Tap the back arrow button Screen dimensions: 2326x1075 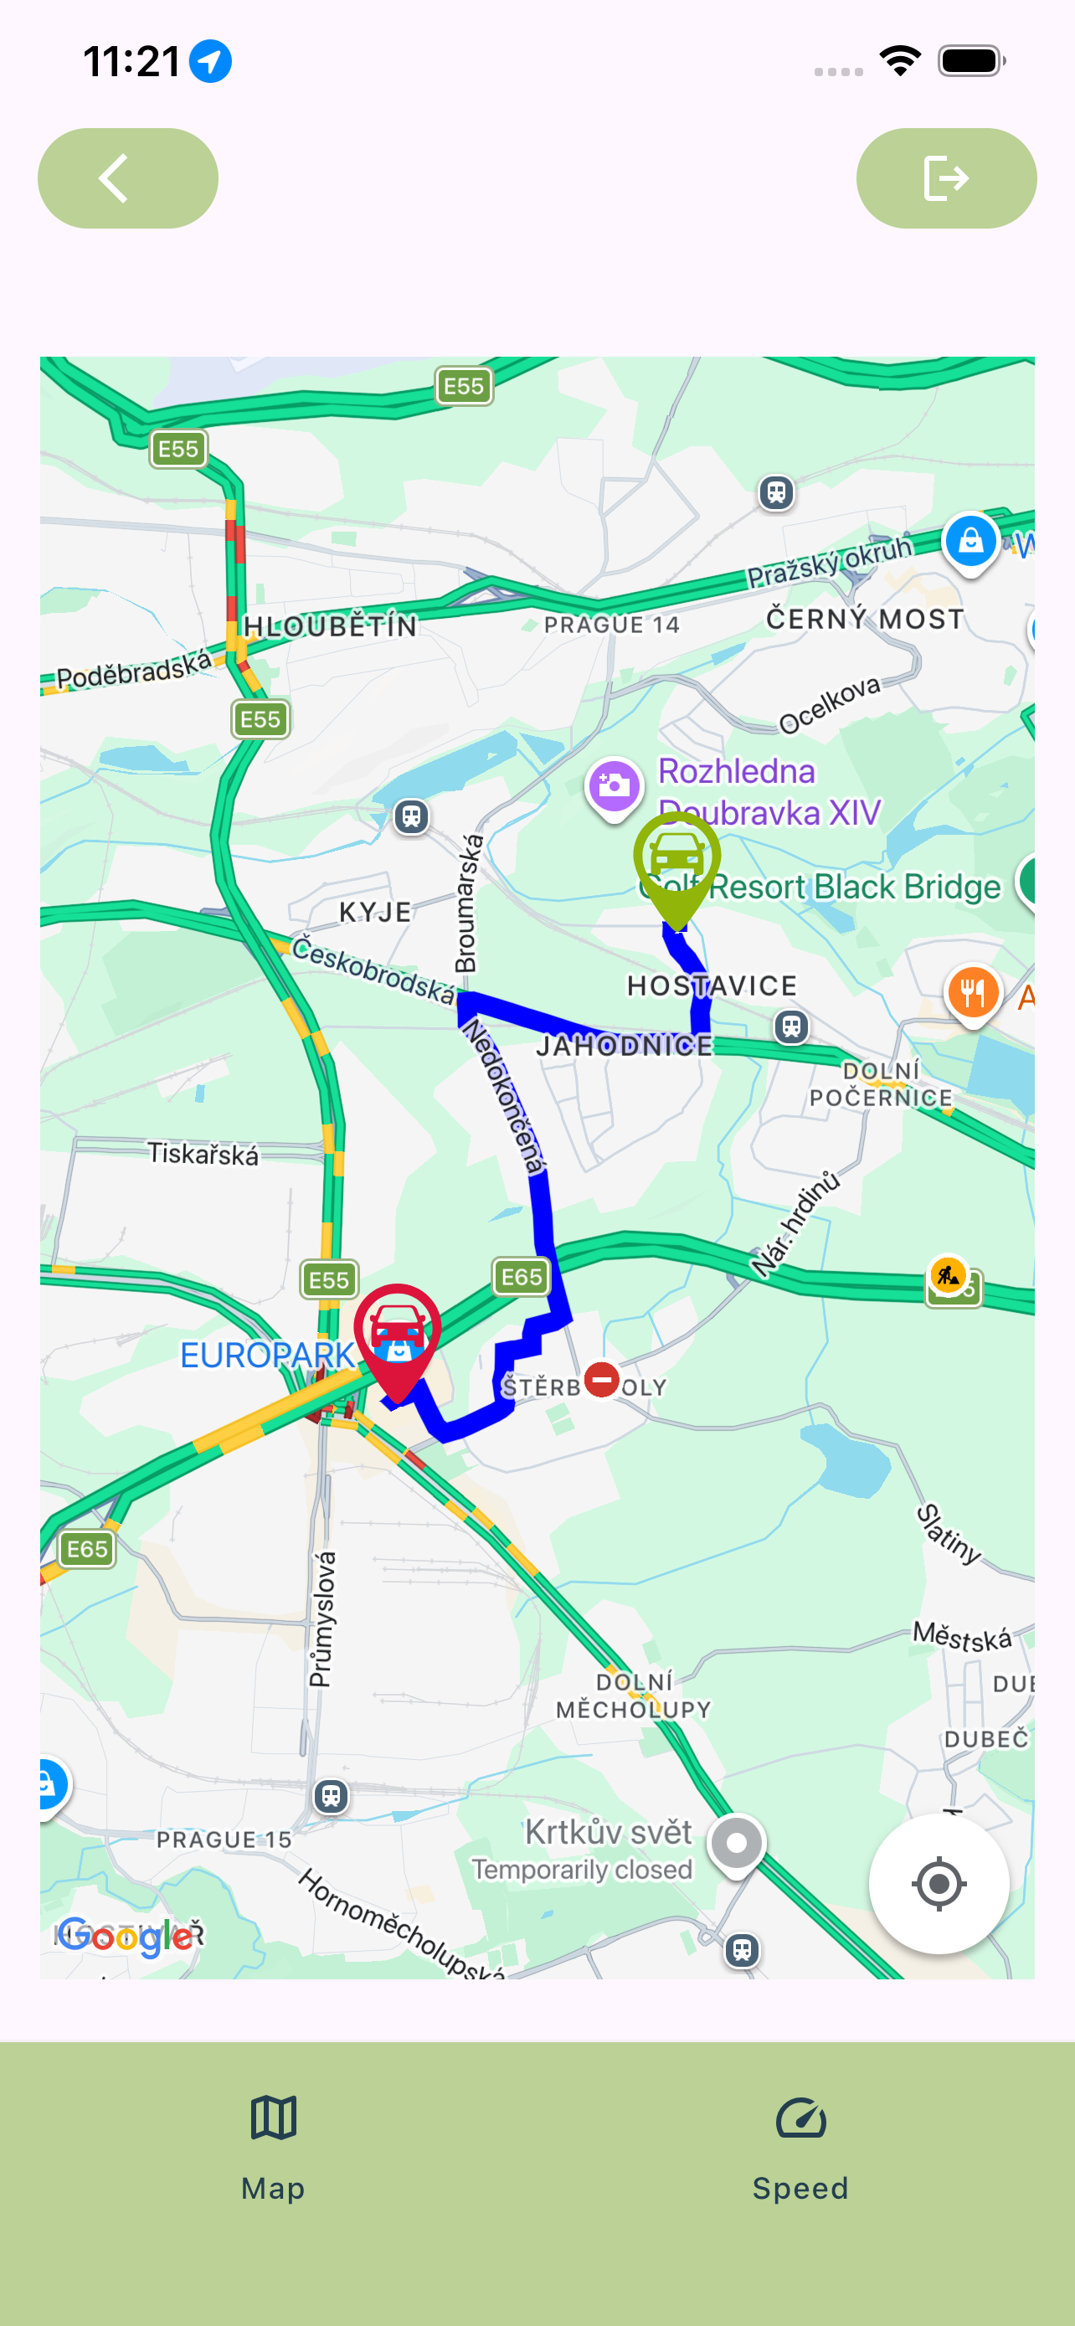click(127, 178)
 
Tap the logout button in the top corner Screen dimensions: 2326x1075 click(945, 178)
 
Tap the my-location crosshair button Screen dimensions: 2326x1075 click(938, 1884)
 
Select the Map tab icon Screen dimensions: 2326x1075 click(274, 2118)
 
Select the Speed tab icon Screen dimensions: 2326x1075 click(800, 2118)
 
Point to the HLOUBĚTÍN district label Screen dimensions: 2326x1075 click(331, 625)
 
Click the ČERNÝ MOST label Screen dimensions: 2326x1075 click(865, 620)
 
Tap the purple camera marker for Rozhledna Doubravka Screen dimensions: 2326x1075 click(614, 785)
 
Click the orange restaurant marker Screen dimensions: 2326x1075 click(972, 993)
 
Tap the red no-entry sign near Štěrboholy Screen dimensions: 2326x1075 click(601, 1379)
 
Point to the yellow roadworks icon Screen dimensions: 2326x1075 click(948, 1275)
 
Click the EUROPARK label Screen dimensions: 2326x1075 click(267, 1356)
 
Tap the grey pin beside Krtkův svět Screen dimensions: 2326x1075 click(737, 1842)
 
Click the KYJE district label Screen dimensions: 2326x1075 click(375, 912)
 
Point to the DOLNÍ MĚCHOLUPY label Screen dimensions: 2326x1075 click(634, 1695)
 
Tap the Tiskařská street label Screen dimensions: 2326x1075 click(203, 1154)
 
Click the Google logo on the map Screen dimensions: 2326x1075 click(125, 1937)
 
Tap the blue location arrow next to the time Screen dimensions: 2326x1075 click(210, 61)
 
